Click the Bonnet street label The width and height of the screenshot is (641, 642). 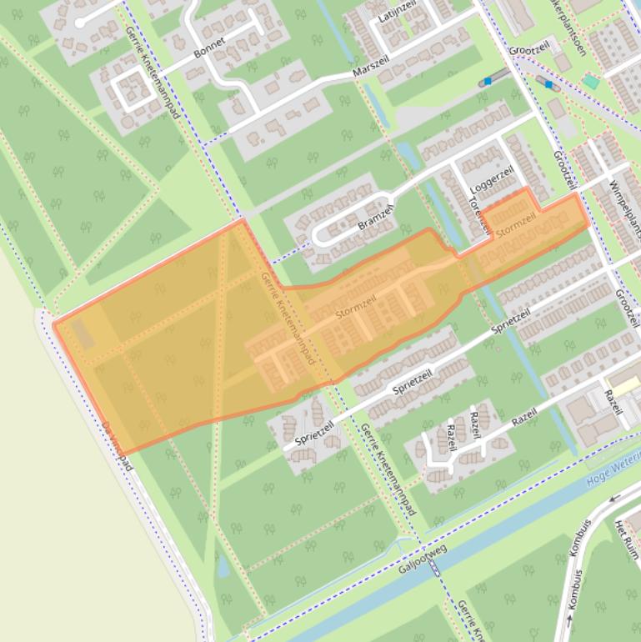(209, 48)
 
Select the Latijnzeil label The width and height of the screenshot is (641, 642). (396, 14)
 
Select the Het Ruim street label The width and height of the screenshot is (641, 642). (624, 539)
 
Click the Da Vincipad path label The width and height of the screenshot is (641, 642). (118, 446)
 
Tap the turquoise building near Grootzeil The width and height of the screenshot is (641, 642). (590, 82)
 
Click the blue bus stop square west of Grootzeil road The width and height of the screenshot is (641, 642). (488, 82)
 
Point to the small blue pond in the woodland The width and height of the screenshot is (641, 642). (223, 567)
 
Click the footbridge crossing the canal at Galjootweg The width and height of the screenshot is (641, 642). (433, 568)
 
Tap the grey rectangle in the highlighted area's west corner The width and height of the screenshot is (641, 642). (82, 334)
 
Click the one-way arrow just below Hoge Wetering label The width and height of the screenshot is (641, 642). (615, 498)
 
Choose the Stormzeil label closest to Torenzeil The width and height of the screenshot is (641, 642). (516, 224)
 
